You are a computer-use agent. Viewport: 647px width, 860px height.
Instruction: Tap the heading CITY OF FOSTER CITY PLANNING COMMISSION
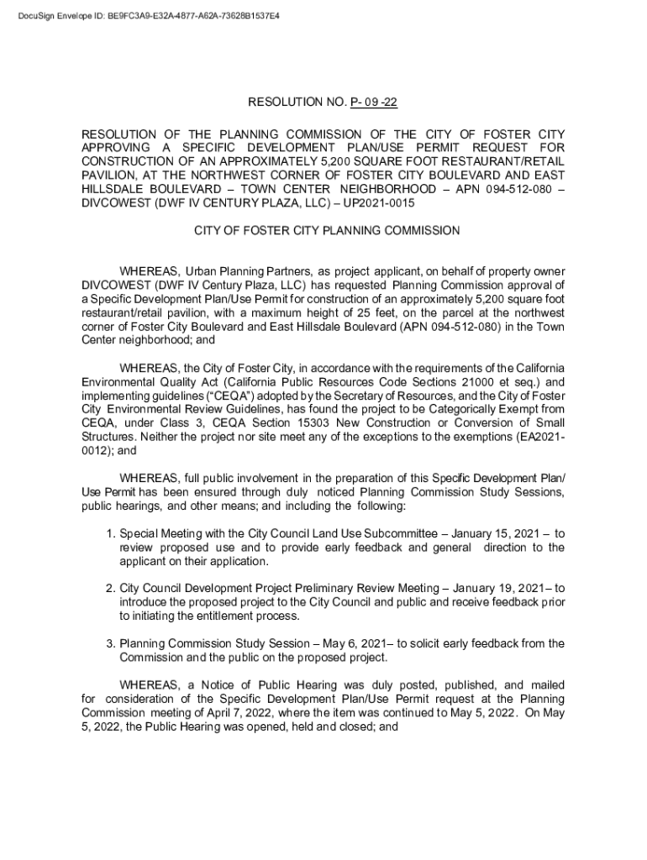click(327, 230)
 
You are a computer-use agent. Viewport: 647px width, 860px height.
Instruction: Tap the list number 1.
click(110, 533)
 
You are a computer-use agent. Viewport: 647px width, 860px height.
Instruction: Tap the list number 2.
click(110, 589)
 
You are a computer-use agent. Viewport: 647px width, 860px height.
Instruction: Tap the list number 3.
click(110, 643)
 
